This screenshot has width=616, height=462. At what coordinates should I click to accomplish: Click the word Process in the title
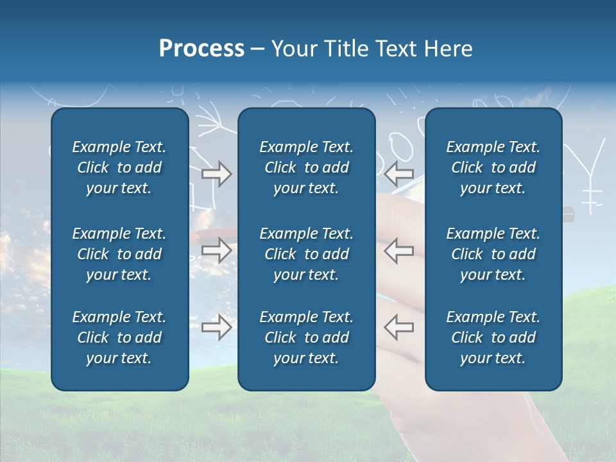(201, 49)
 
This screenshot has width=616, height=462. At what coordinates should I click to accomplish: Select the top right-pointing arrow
(216, 174)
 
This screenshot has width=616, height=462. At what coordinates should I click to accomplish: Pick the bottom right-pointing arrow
(216, 327)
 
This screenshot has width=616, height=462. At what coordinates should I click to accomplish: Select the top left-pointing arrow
(398, 173)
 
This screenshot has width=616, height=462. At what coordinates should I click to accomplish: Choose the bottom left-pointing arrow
(398, 327)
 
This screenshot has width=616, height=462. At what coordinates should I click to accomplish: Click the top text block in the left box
(119, 167)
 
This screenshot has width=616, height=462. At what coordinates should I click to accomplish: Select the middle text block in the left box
(119, 254)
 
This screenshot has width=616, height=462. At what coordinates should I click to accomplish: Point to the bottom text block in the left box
(119, 338)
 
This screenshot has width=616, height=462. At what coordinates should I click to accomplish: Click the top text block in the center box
(306, 167)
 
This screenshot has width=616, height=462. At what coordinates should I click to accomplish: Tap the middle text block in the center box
(306, 254)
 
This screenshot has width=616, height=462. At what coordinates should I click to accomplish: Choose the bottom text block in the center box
(306, 338)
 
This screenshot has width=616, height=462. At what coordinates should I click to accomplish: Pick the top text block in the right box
(493, 167)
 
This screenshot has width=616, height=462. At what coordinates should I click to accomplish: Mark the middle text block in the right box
(493, 254)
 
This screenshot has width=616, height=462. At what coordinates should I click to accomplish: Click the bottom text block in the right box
(493, 338)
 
